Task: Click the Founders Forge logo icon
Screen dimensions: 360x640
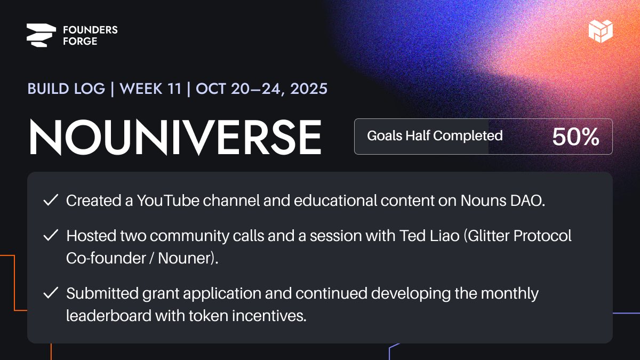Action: (x=41, y=36)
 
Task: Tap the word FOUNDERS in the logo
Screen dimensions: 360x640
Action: (x=90, y=30)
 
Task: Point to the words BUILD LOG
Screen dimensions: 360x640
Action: (x=66, y=89)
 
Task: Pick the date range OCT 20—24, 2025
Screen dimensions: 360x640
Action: (x=261, y=89)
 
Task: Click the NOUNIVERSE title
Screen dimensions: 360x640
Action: (x=175, y=137)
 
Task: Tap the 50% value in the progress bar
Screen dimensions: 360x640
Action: (x=575, y=137)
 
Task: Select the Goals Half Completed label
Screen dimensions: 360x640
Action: (x=435, y=136)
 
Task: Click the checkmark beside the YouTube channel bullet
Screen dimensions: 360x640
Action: (x=51, y=201)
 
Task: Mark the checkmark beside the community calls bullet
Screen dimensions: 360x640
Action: (x=51, y=236)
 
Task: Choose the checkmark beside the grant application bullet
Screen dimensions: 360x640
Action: (x=51, y=293)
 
